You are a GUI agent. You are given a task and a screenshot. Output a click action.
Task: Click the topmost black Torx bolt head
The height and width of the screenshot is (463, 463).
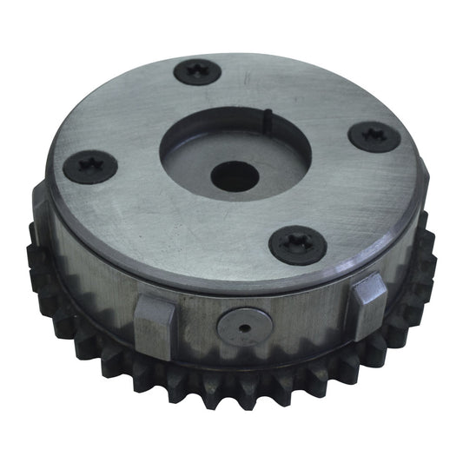196,71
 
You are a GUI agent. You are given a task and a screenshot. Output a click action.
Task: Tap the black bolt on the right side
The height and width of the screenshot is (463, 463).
373,137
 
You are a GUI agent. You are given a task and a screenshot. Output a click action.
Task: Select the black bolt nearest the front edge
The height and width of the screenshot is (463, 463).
298,246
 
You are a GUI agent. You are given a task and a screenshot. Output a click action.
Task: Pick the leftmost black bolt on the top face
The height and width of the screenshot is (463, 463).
91,164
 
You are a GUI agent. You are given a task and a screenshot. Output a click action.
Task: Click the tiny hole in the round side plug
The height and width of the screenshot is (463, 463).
243,327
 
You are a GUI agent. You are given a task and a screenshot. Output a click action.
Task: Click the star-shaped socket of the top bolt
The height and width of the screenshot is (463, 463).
196,71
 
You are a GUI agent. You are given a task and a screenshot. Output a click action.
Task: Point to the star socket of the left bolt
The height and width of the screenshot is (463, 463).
91,164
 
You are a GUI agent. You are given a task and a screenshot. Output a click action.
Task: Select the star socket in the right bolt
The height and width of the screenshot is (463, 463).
373,136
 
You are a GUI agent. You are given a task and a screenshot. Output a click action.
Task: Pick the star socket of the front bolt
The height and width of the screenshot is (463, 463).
298,246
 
